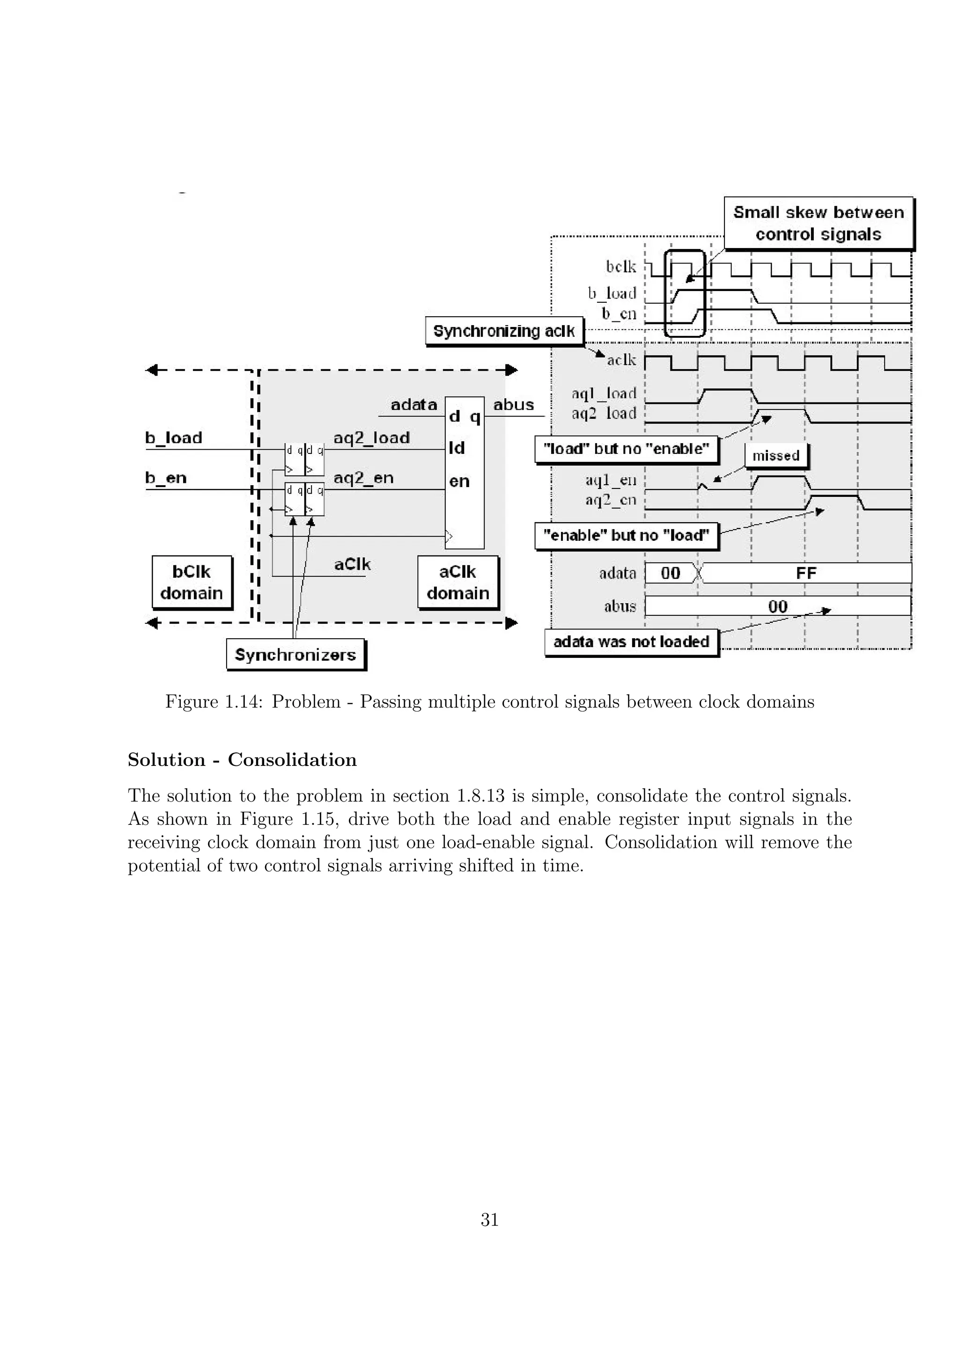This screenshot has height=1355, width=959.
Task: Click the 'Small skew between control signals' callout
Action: (818, 223)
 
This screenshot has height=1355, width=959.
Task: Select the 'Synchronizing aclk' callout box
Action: (504, 331)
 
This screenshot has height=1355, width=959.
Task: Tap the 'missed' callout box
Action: (775, 456)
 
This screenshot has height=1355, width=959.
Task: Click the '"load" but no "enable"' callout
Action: (626, 449)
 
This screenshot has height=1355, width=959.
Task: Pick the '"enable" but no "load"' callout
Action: (626, 535)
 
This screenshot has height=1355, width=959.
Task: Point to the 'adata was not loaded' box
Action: (631, 641)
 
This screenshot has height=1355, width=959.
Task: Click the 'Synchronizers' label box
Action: (295, 655)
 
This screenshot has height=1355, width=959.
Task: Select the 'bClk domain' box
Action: (192, 582)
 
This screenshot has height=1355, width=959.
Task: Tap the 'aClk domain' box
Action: (457, 582)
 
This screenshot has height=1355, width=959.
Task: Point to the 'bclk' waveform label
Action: (620, 267)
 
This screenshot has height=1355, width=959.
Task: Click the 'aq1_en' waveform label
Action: (611, 481)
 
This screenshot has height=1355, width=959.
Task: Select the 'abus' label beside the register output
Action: (513, 405)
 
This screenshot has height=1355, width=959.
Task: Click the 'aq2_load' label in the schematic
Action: (371, 438)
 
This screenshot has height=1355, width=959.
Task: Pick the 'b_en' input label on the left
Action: (166, 478)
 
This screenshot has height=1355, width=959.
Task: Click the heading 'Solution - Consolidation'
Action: (242, 759)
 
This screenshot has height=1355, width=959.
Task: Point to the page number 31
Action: (489, 1219)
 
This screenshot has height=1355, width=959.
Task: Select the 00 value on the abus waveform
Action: (778, 606)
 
